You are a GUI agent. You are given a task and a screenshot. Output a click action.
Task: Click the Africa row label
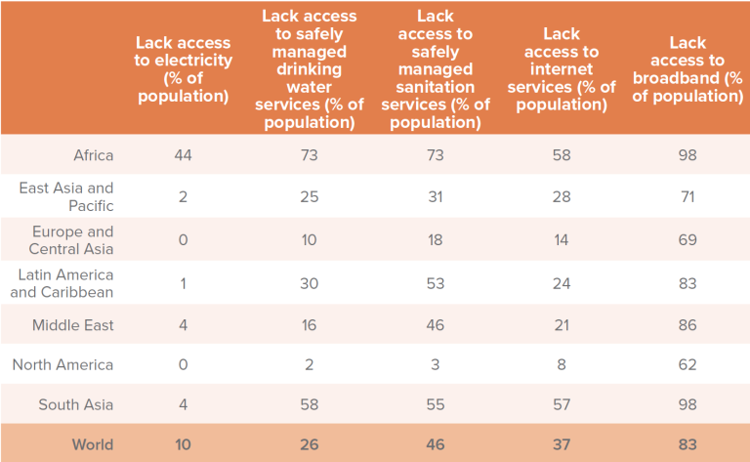pyautogui.click(x=94, y=155)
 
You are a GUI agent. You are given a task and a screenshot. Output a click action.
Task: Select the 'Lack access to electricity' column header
pyautogui.click(x=184, y=69)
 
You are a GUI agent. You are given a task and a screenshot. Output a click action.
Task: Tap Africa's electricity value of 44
pyautogui.click(x=184, y=155)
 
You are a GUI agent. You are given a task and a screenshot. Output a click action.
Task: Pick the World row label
pyautogui.click(x=93, y=444)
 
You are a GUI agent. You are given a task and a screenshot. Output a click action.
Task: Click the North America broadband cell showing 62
pyautogui.click(x=687, y=364)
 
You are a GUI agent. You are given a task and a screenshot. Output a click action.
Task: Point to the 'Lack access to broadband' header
pyautogui.click(x=687, y=69)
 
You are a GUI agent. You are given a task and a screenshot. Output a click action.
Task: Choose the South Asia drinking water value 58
pyautogui.click(x=309, y=404)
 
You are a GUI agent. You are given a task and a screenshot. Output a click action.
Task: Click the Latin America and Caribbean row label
pyautogui.click(x=62, y=283)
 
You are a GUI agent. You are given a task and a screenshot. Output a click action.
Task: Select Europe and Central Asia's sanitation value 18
pyautogui.click(x=436, y=239)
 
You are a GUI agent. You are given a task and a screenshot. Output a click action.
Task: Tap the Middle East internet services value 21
pyautogui.click(x=562, y=325)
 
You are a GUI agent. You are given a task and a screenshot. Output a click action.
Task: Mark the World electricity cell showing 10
pyautogui.click(x=184, y=444)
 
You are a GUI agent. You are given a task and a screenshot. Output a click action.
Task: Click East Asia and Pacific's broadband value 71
pyautogui.click(x=687, y=196)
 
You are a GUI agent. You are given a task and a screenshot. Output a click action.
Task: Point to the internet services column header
pyautogui.click(x=562, y=69)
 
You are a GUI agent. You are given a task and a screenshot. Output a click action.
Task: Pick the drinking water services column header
pyautogui.click(x=309, y=69)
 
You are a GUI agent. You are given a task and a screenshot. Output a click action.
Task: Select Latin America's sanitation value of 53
pyautogui.click(x=436, y=283)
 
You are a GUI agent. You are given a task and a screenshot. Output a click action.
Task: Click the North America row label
pyautogui.click(x=62, y=364)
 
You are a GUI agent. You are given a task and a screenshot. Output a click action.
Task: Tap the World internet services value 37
pyautogui.click(x=562, y=444)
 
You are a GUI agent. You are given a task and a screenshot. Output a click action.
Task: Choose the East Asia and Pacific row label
pyautogui.click(x=66, y=196)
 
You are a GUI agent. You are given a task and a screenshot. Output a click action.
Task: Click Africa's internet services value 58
pyautogui.click(x=562, y=155)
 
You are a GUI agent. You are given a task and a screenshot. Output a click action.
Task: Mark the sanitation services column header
pyautogui.click(x=436, y=69)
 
